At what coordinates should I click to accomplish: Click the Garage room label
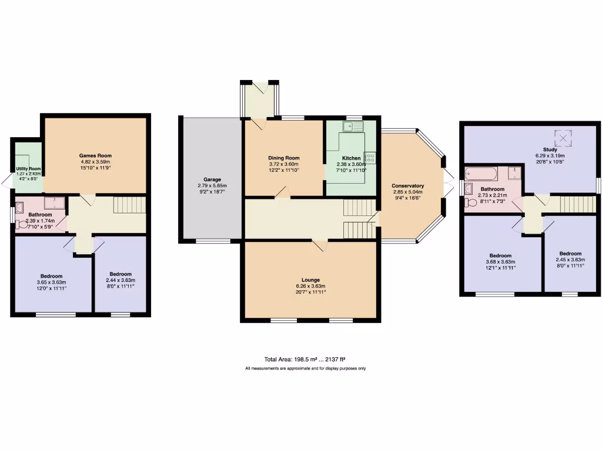(212, 179)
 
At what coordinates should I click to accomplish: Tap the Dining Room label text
(284, 158)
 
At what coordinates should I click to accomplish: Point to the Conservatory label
(408, 185)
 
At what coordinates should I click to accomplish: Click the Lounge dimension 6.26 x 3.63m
(310, 286)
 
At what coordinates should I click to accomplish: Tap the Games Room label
(95, 155)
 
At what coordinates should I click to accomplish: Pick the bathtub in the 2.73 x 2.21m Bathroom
(481, 174)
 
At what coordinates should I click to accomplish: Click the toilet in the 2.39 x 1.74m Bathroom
(22, 224)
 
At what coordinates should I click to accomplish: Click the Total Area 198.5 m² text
(305, 359)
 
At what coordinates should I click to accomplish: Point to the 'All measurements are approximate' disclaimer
(305, 368)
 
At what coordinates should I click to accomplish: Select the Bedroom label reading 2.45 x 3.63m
(570, 254)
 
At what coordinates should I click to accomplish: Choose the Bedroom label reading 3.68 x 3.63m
(500, 255)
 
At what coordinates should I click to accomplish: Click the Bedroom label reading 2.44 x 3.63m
(120, 274)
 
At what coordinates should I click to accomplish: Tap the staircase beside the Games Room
(128, 205)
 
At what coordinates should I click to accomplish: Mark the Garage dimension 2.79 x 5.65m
(212, 185)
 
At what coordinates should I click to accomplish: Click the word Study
(550, 149)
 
